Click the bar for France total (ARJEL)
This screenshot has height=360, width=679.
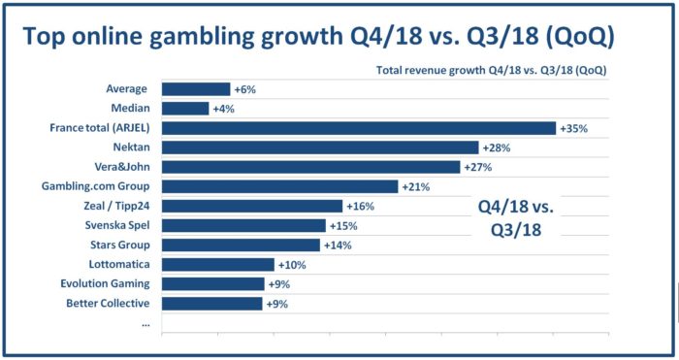point(358,128)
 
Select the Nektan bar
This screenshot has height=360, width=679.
point(320,147)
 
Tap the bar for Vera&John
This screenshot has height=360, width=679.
point(310,167)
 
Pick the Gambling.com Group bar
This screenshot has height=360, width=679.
point(279,186)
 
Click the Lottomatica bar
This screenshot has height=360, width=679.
point(218,264)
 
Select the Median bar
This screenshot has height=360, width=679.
point(185,109)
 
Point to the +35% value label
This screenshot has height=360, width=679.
point(573,128)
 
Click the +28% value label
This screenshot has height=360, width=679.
point(496,147)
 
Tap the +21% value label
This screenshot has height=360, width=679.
point(415,186)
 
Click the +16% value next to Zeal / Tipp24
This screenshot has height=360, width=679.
point(360,206)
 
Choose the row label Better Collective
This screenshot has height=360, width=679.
point(105,303)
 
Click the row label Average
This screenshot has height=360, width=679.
point(127,89)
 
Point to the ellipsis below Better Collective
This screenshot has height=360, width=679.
point(145,322)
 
